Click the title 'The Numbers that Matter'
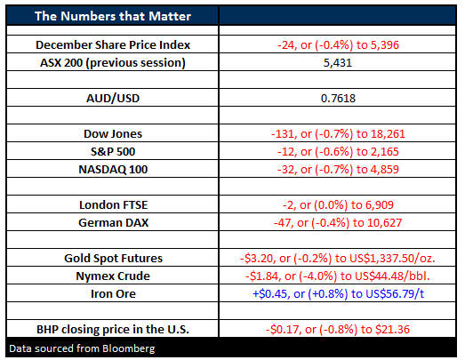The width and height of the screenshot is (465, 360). coord(113,16)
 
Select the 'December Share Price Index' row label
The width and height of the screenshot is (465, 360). coord(113,44)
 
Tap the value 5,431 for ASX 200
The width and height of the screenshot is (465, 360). coord(338,63)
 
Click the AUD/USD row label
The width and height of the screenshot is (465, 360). coord(113,98)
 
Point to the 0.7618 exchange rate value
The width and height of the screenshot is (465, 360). coord(338,98)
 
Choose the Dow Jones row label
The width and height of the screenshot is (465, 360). coord(113,133)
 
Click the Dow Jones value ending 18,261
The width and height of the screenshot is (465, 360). coord(338,133)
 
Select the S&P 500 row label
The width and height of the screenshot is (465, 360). coord(113,151)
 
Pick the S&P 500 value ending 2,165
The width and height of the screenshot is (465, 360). coord(338,151)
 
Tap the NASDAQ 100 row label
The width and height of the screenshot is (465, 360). coord(113,169)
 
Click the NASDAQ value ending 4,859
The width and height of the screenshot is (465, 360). coord(338,169)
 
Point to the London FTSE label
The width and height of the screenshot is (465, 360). coord(113,205)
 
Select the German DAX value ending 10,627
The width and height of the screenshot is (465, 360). coord(338,223)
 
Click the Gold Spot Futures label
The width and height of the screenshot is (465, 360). coord(113,259)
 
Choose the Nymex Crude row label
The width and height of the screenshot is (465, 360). coord(113,276)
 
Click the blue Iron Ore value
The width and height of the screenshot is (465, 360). coord(338,294)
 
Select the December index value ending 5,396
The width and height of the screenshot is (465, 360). coord(338,44)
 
